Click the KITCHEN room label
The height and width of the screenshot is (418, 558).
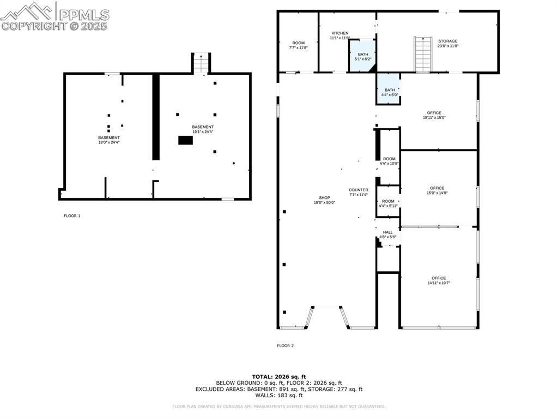point(339,33)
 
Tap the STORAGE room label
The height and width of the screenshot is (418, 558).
point(448,41)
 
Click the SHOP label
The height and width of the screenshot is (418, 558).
point(324,198)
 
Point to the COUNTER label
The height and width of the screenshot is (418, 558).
point(358,190)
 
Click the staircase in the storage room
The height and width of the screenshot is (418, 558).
point(423,54)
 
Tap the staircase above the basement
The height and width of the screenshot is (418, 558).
point(201,64)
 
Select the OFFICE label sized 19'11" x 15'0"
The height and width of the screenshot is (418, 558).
point(434,113)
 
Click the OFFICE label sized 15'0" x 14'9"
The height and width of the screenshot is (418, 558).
point(436,188)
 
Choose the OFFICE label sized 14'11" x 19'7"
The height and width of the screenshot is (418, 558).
point(439,278)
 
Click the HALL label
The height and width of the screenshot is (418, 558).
point(387,232)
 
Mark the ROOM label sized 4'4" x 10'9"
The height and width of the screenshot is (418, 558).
point(389,159)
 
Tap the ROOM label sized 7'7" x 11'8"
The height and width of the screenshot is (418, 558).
point(298,43)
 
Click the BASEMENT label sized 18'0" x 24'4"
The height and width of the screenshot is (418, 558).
point(109,138)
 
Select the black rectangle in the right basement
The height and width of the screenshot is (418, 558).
point(185,140)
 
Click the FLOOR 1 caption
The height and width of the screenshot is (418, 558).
point(72,216)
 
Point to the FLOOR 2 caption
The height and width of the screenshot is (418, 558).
point(285,346)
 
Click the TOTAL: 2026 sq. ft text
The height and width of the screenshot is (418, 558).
point(279,377)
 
